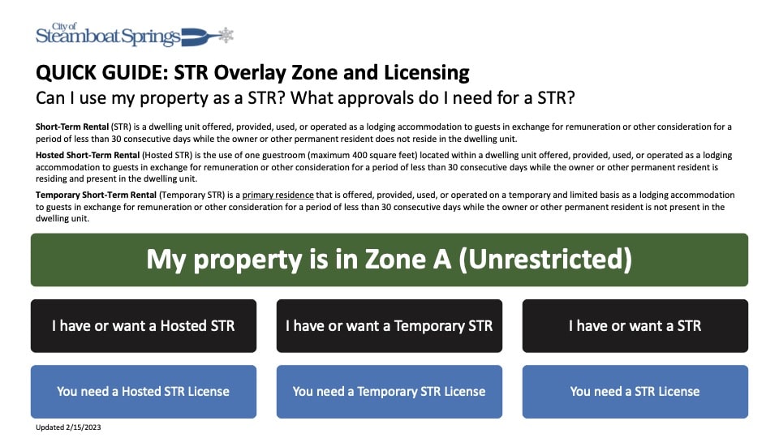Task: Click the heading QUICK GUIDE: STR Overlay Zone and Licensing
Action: pos(252,73)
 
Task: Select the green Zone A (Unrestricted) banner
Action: pos(389,260)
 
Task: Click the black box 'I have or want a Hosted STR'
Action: pos(144,326)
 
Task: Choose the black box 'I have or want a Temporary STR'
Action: pos(389,326)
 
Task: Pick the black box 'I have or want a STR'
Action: pos(635,326)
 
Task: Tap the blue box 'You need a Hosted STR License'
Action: pos(144,391)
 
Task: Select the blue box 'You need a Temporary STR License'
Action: pos(389,391)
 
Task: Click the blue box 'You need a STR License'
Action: pos(635,391)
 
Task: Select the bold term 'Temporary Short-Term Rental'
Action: pos(97,195)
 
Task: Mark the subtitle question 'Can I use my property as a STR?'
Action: pos(170,99)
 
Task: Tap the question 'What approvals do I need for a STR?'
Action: pos(442,99)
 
